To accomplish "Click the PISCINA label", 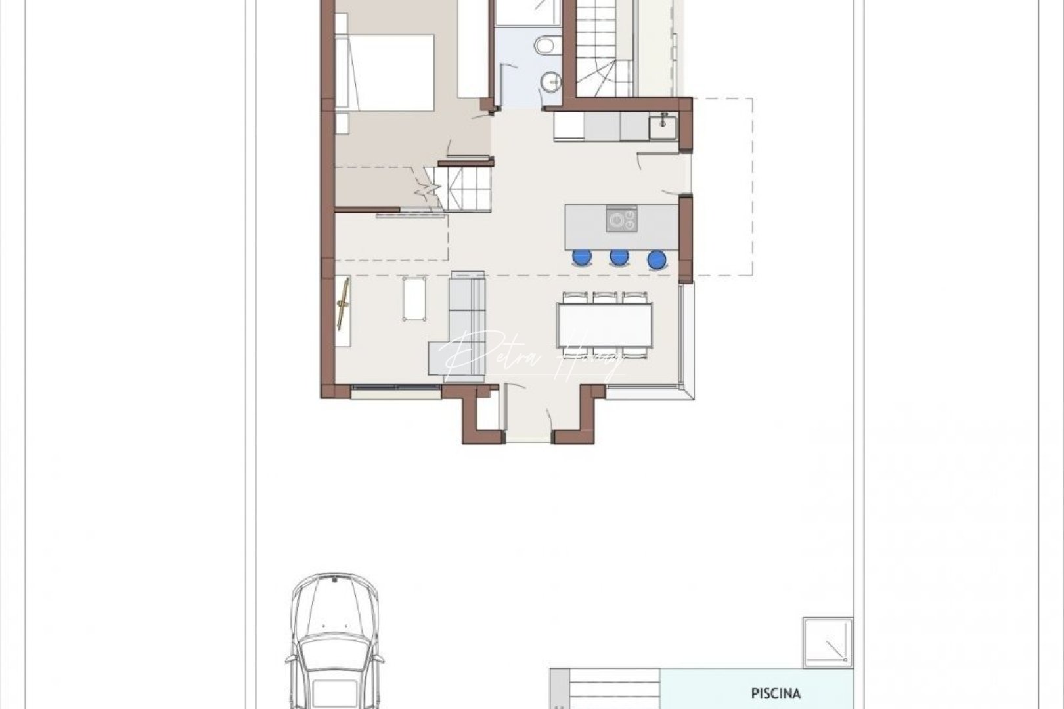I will coord(776,693).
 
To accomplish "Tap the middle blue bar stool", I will coord(619,257).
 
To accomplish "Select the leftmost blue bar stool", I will coord(581,257).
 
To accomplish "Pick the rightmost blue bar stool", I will coord(657,260).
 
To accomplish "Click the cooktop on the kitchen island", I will coord(621,219).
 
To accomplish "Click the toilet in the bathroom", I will coord(544,46).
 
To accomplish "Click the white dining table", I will coord(605,325).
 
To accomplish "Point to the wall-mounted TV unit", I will coord(343,312).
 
